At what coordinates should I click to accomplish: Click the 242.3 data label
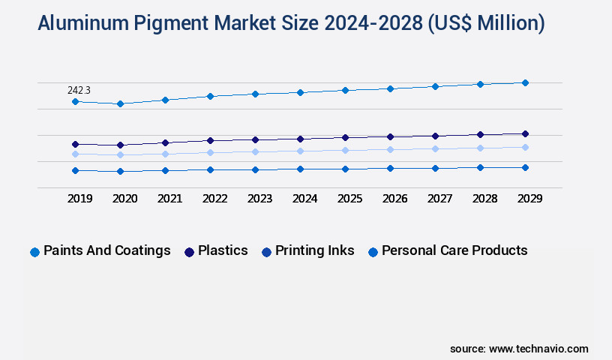point(79,90)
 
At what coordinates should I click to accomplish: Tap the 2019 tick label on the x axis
point(79,199)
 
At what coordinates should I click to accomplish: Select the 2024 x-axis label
point(304,199)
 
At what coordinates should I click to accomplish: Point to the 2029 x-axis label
point(529,199)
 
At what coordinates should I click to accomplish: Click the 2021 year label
point(169,199)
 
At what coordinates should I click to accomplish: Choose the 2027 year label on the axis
point(439,199)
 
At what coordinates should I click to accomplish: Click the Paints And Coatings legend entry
point(100,251)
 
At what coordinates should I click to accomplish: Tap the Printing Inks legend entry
point(308,251)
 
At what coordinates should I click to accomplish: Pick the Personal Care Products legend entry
point(448,251)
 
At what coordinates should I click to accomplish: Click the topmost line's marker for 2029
point(525,82)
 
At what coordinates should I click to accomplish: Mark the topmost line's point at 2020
point(120,103)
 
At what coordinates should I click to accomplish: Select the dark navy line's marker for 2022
point(210,140)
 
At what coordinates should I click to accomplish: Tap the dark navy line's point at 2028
point(480,134)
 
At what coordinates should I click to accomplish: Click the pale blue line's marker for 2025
point(345,150)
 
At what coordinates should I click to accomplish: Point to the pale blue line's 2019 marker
point(75,154)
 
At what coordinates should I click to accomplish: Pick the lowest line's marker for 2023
point(255,169)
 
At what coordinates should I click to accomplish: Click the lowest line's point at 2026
point(390,168)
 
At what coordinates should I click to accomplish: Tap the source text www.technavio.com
point(538,349)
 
